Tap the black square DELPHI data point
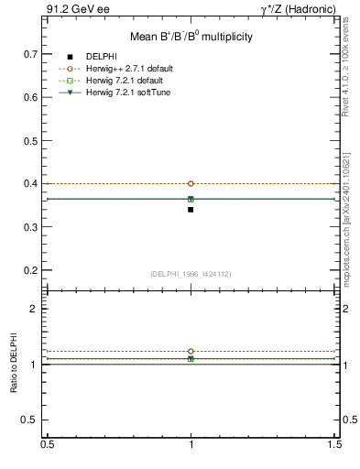(191, 210)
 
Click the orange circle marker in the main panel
(191, 183)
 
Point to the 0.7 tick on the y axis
(32, 54)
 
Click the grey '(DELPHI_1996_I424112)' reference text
(191, 274)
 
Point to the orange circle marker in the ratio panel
(191, 351)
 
